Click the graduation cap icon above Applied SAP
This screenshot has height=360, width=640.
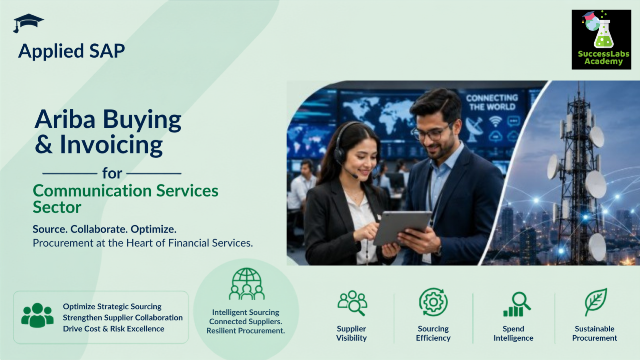(x=28, y=23)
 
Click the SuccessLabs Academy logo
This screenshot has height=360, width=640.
(x=601, y=39)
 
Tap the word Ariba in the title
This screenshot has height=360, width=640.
(x=65, y=119)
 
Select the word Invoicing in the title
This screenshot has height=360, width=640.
(x=111, y=145)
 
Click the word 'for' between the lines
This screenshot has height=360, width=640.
(x=112, y=173)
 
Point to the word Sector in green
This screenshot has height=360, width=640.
(x=57, y=207)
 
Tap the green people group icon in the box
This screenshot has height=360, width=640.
(x=37, y=315)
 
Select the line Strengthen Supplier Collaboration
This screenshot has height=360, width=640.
(x=123, y=317)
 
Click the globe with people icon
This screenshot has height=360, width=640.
(x=247, y=284)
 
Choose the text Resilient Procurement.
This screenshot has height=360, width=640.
(x=246, y=331)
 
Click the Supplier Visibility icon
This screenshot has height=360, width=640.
(x=352, y=303)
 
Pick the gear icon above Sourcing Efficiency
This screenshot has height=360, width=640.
(x=433, y=302)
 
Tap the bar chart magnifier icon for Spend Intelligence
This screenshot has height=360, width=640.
(x=517, y=304)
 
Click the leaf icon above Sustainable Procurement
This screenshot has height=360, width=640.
(x=595, y=302)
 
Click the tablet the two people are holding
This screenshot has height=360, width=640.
(x=402, y=228)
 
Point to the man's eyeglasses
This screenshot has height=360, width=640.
(x=432, y=132)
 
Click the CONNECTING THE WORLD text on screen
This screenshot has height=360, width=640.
(x=492, y=102)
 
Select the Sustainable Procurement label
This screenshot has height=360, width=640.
(x=595, y=333)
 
